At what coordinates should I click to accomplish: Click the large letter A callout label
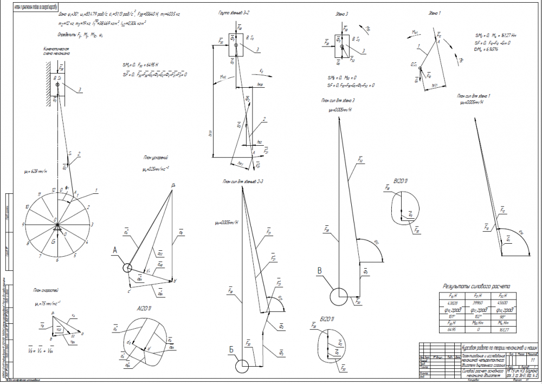click(x=115, y=250)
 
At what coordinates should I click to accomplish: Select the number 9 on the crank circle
click(x=23, y=224)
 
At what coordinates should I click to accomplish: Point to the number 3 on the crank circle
click(x=93, y=224)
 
